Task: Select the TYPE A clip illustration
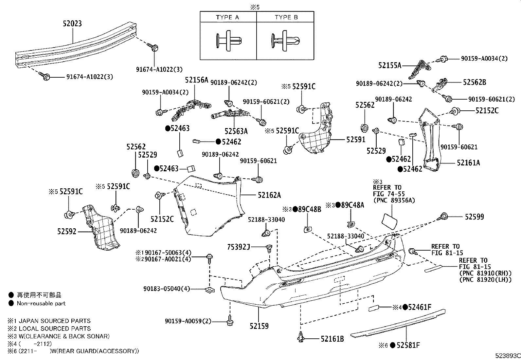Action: click(228, 41)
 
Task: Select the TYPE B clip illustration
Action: click(285, 41)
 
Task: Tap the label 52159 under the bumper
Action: click(259, 326)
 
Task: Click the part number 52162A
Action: click(269, 195)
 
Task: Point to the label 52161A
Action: click(468, 162)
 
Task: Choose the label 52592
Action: click(66, 232)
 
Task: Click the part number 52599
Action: click(474, 217)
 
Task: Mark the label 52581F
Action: click(408, 345)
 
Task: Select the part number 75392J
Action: click(239, 247)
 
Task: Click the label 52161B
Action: click(332, 339)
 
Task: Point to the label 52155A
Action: click(389, 65)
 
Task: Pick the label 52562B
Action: click(474, 82)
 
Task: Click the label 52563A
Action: click(236, 131)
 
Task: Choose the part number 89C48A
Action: click(352, 205)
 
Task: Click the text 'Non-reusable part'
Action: click(41, 303)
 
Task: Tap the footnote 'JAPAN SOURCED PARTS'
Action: click(54, 321)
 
